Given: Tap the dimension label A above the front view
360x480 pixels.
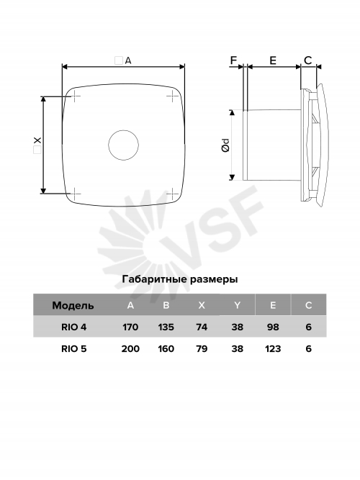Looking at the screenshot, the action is pyautogui.click(x=128, y=60).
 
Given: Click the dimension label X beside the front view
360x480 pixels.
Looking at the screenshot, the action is pyautogui.click(x=37, y=140).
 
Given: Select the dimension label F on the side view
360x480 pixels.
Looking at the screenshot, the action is pyautogui.click(x=234, y=60).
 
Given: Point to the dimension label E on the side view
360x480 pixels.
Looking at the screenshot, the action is pyautogui.click(x=273, y=60).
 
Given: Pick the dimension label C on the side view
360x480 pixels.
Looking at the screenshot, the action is pyautogui.click(x=308, y=60).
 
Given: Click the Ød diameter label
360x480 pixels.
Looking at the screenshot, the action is pyautogui.click(x=225, y=145).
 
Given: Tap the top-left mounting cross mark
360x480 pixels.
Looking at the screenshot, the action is pyautogui.click(x=76, y=96).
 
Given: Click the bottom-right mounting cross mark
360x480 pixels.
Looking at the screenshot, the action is pyautogui.click(x=172, y=194).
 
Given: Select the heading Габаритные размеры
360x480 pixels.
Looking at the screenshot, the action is pyautogui.click(x=180, y=279).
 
